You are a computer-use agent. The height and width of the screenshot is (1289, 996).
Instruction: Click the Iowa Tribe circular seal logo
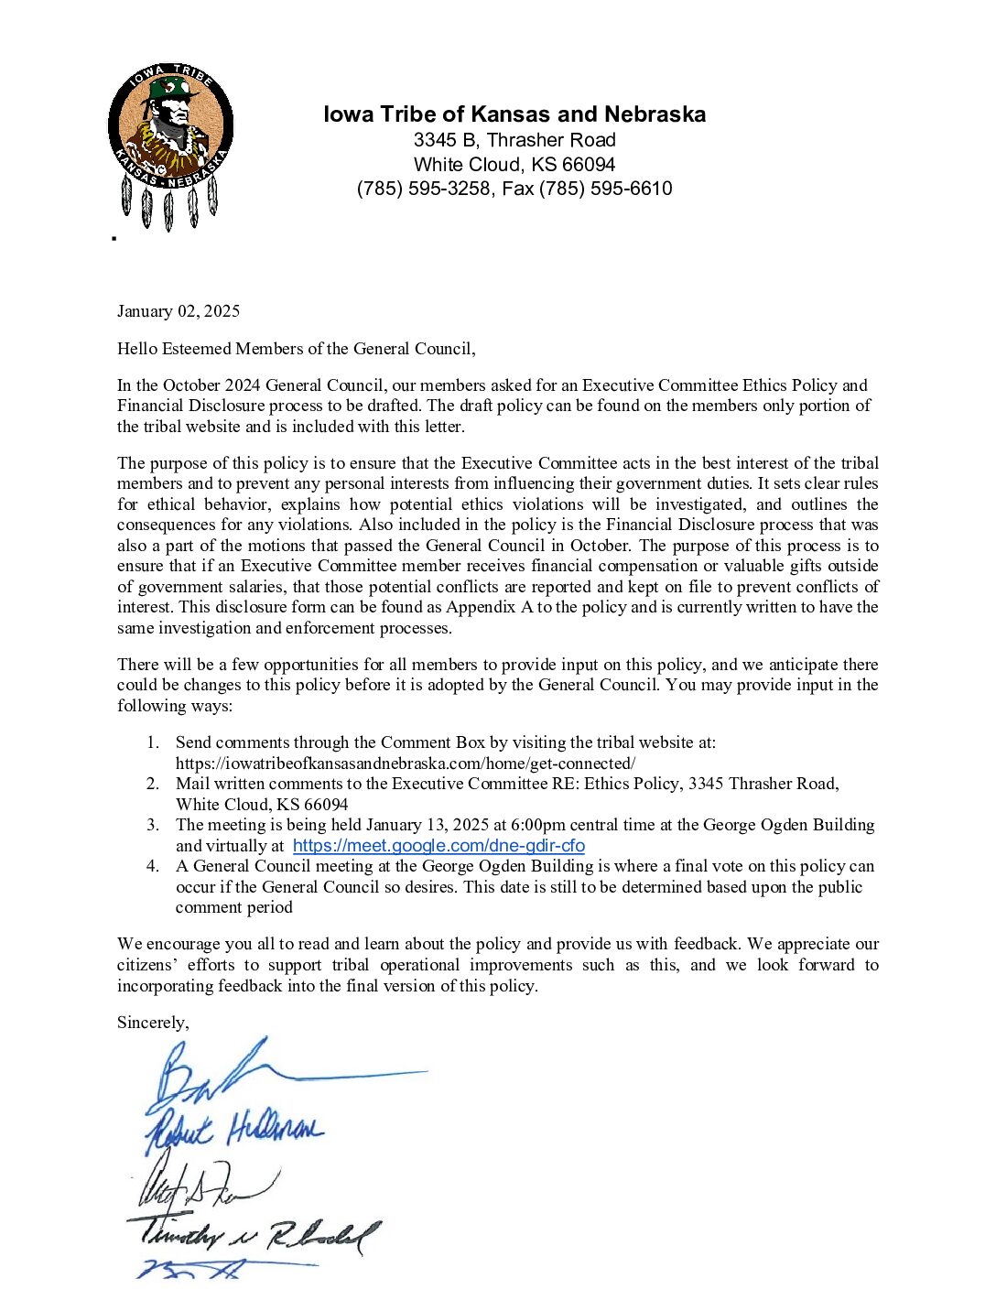170,128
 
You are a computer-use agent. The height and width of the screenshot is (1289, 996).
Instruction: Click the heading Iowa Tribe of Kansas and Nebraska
514,114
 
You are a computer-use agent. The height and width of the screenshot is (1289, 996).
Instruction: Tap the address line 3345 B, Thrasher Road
514,140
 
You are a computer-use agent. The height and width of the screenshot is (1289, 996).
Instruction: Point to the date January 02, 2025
179,311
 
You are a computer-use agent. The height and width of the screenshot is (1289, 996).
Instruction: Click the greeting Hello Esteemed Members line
296,349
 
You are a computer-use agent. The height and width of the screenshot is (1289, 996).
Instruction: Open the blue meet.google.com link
438,846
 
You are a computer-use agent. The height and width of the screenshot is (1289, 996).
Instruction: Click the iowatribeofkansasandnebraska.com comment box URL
406,764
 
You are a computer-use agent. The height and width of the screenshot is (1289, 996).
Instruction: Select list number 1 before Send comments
153,742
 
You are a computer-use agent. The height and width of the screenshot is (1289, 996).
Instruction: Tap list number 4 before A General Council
153,866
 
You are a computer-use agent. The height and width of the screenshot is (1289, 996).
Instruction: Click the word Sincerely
153,1023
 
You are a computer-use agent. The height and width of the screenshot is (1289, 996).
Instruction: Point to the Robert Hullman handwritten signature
234,1131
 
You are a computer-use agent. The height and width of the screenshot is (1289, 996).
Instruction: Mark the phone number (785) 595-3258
423,189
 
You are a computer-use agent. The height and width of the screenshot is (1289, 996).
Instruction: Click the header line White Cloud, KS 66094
514,165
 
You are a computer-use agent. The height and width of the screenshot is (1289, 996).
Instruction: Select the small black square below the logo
114,238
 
